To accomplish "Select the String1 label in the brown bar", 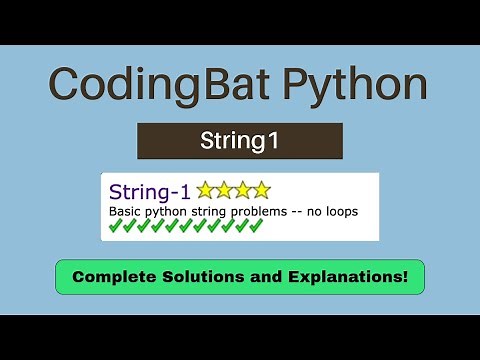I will (x=240, y=141).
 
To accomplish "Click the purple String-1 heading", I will (x=149, y=191).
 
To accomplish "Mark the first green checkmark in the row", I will (x=115, y=226).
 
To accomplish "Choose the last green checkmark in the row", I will (x=255, y=226).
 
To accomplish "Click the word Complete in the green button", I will (x=113, y=276).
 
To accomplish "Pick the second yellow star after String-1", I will (x=224, y=190).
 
